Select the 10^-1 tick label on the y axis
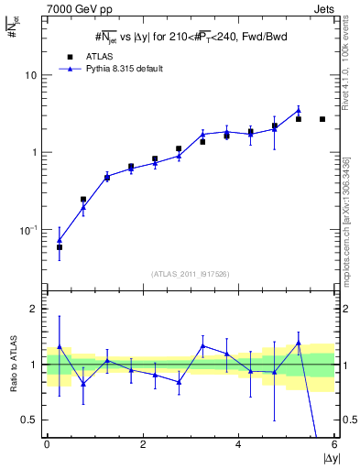click(x=29, y=229)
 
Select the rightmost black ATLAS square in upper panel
click(x=322, y=119)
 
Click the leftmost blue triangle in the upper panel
click(x=60, y=240)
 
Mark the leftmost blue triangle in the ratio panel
click(x=60, y=347)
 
